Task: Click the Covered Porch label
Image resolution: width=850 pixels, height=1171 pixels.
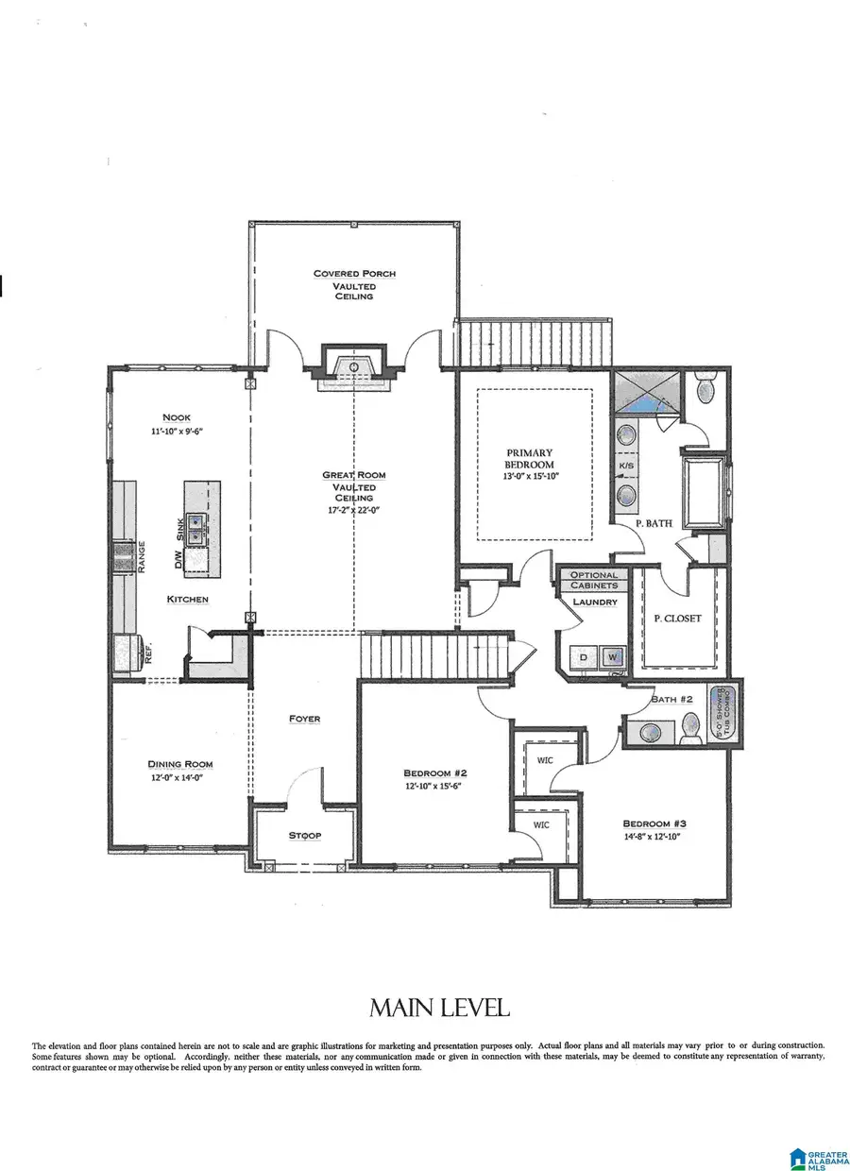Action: coord(354,274)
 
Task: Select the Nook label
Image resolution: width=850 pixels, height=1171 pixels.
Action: coord(176,417)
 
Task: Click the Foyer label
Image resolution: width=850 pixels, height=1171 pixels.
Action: coord(304,719)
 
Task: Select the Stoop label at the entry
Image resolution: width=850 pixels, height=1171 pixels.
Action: coord(303,836)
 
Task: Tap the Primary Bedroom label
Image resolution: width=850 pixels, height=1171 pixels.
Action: coord(530,458)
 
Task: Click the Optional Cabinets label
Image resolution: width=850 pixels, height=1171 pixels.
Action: coord(594,580)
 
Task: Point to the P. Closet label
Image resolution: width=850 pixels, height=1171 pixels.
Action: coord(677,619)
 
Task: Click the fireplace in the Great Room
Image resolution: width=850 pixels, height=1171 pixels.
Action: coord(354,367)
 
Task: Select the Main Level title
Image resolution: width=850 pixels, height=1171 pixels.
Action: coord(439,1008)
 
